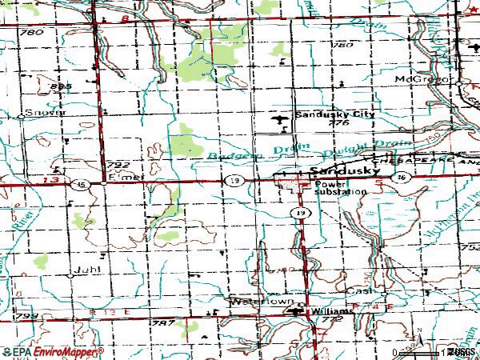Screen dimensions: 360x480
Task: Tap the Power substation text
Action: pos(340,188)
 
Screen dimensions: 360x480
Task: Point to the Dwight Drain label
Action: pos(351,154)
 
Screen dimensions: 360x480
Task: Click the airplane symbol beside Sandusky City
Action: pos(278,120)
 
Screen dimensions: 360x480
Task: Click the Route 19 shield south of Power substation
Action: pos(298,214)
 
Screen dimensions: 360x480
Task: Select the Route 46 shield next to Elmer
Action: pos(82,183)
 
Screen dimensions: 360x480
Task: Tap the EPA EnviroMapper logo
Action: pos(52,351)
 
